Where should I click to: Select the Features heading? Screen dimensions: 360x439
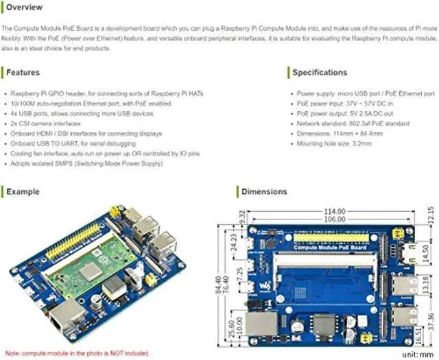pyautogui.click(x=23, y=72)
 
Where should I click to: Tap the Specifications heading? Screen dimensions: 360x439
pyautogui.click(x=320, y=72)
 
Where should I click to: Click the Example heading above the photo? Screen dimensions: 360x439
pyautogui.click(x=23, y=191)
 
